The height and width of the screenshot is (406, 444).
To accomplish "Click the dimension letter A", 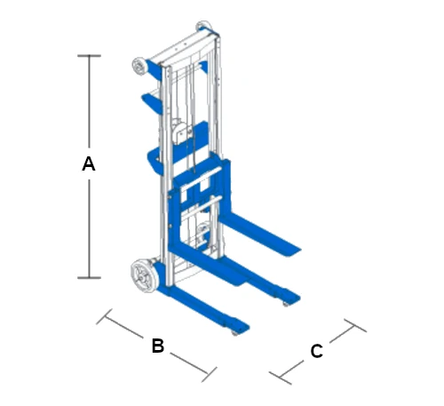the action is [x=89, y=163].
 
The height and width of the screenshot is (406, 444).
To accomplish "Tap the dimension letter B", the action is [x=158, y=346].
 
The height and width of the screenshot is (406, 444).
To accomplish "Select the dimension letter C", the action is [x=316, y=351].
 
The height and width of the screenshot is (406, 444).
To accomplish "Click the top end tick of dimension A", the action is [x=89, y=56].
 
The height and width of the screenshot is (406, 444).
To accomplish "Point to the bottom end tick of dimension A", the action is [x=89, y=278].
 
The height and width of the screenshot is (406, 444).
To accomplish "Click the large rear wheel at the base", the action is [x=143, y=275].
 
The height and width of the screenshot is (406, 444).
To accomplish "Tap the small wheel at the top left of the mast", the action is [x=139, y=65].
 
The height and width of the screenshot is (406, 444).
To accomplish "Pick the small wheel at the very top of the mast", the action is [x=204, y=26].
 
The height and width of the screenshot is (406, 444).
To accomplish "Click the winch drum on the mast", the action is [x=181, y=131].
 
